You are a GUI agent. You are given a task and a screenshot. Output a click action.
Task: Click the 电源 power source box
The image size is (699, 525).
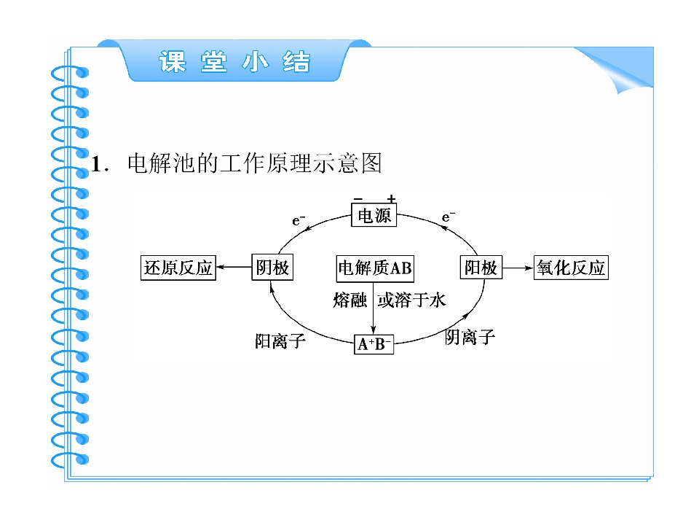[x=374, y=215]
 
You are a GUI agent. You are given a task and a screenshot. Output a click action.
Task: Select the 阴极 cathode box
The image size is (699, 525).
[x=272, y=268]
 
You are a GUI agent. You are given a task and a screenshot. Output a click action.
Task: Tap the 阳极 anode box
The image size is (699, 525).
[x=481, y=267]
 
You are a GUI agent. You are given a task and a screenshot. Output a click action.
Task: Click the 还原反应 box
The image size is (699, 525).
[x=178, y=268]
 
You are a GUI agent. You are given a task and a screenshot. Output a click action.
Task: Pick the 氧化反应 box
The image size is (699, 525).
[x=571, y=268]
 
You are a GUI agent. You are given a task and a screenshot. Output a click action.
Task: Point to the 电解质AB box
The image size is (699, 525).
[x=375, y=268]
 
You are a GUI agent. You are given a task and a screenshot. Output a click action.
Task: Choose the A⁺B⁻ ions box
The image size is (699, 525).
[x=374, y=344]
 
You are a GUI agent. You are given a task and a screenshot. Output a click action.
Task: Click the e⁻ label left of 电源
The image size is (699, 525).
[x=299, y=220]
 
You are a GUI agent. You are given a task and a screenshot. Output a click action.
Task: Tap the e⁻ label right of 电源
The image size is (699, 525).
[x=449, y=217]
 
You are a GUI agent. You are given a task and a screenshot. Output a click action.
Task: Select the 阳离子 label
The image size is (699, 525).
[x=280, y=341]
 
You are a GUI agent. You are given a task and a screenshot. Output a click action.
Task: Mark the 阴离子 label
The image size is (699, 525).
[x=470, y=337]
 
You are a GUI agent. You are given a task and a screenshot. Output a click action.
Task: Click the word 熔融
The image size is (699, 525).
[x=350, y=300]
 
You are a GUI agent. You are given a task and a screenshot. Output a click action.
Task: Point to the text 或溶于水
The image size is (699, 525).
[x=411, y=300]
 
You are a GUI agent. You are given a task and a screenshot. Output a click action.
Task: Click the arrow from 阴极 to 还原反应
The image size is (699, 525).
[x=234, y=267]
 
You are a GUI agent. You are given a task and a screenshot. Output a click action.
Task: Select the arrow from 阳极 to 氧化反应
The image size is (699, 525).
[x=518, y=268]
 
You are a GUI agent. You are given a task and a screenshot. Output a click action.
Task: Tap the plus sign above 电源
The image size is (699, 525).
[x=391, y=198]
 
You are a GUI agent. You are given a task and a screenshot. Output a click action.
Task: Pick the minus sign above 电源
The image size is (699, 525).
[x=358, y=198]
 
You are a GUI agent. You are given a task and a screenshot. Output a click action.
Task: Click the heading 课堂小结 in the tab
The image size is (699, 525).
[x=234, y=61]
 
